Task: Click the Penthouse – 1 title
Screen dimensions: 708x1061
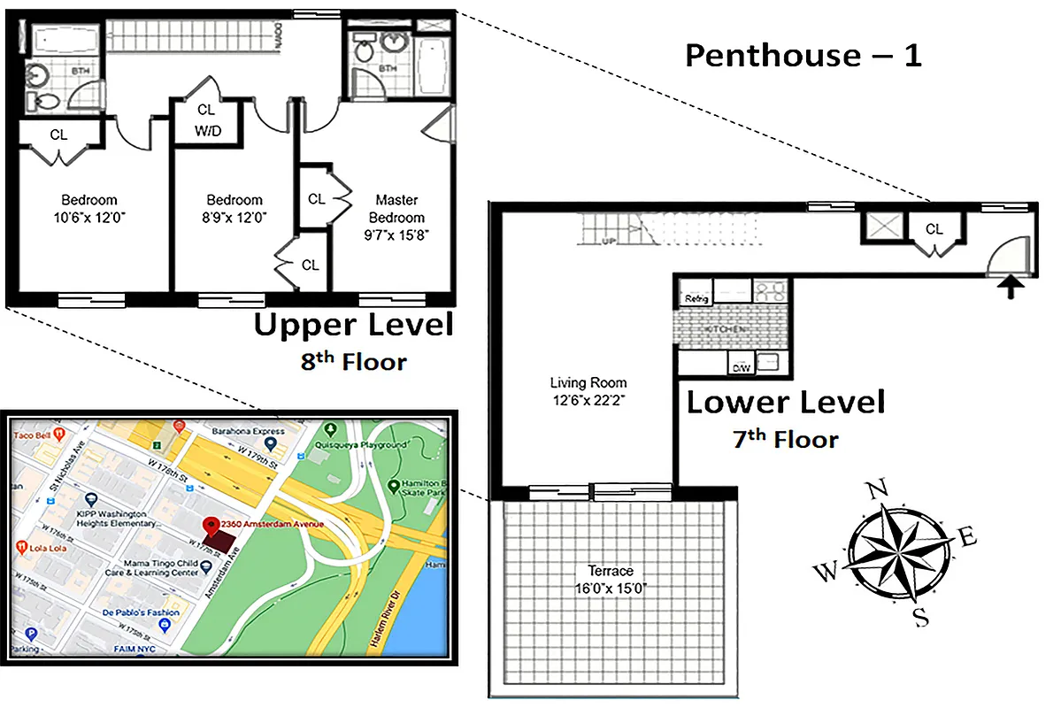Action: [803, 56]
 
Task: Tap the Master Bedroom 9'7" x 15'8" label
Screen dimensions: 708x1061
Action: [396, 217]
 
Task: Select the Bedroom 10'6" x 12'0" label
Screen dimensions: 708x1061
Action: [88, 208]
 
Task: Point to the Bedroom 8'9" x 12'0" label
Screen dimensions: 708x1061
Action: [234, 208]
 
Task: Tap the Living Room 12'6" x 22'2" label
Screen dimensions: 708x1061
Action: [588, 391]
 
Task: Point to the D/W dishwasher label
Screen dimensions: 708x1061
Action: [740, 366]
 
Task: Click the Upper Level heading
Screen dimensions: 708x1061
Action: [353, 325]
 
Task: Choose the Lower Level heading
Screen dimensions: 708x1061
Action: [786, 403]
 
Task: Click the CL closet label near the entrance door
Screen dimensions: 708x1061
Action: [934, 230]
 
